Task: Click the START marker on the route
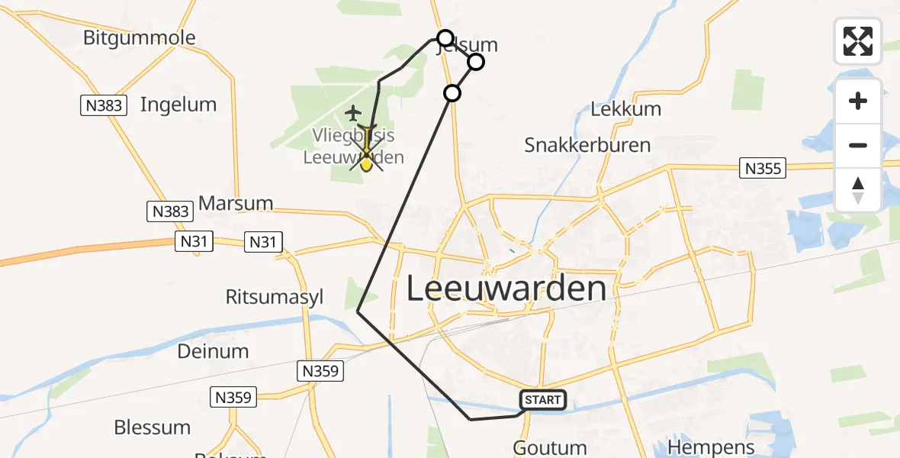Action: (543, 399)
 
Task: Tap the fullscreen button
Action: (858, 41)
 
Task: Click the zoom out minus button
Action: (858, 145)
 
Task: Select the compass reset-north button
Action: (858, 189)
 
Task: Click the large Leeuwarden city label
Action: (506, 289)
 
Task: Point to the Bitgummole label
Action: (140, 37)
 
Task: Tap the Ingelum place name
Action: (178, 105)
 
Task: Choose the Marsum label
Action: (236, 204)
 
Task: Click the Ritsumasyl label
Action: (275, 297)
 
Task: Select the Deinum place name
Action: (213, 352)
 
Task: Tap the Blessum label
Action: (152, 427)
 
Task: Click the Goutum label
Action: (550, 448)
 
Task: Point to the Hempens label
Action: (710, 447)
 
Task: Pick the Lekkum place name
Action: (625, 109)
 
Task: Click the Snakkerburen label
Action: (587, 144)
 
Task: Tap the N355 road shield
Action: (763, 168)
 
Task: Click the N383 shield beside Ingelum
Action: (103, 105)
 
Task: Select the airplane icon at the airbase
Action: (352, 113)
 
